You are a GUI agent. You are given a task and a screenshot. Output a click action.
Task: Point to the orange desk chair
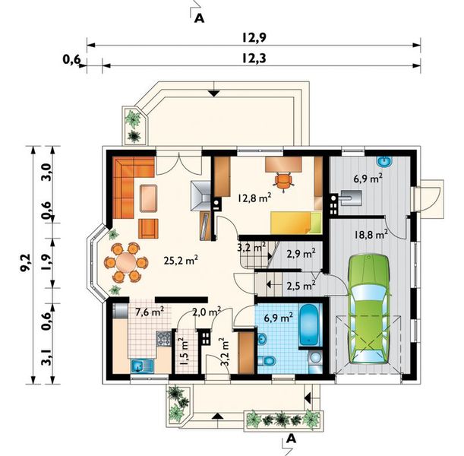(x=283, y=179)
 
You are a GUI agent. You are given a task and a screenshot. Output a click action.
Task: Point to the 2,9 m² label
(x=301, y=255)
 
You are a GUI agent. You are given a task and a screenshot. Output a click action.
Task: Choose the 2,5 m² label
(x=301, y=287)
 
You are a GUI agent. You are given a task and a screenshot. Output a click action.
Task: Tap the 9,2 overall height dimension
(x=23, y=264)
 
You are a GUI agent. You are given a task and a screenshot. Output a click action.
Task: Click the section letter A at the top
(x=200, y=18)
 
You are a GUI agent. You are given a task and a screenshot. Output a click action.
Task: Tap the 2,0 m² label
(x=206, y=312)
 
